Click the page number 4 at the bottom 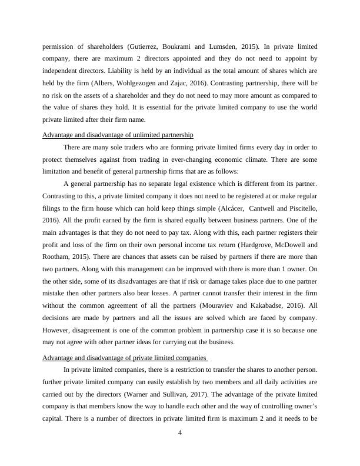point(180,434)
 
